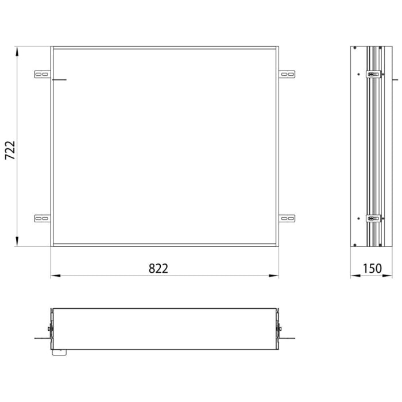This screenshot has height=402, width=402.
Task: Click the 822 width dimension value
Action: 159,268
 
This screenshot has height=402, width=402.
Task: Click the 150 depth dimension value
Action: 372,268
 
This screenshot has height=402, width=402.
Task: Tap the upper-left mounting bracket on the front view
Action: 42,74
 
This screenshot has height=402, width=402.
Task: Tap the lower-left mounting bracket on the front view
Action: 42,218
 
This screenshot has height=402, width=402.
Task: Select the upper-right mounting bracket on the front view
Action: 287,74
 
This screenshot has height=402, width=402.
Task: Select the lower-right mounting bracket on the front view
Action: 287,218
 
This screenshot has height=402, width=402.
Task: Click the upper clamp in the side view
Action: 373,74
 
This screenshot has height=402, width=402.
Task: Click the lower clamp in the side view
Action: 373,218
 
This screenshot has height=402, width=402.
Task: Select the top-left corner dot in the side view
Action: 355,48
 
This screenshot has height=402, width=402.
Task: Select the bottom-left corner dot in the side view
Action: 355,245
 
